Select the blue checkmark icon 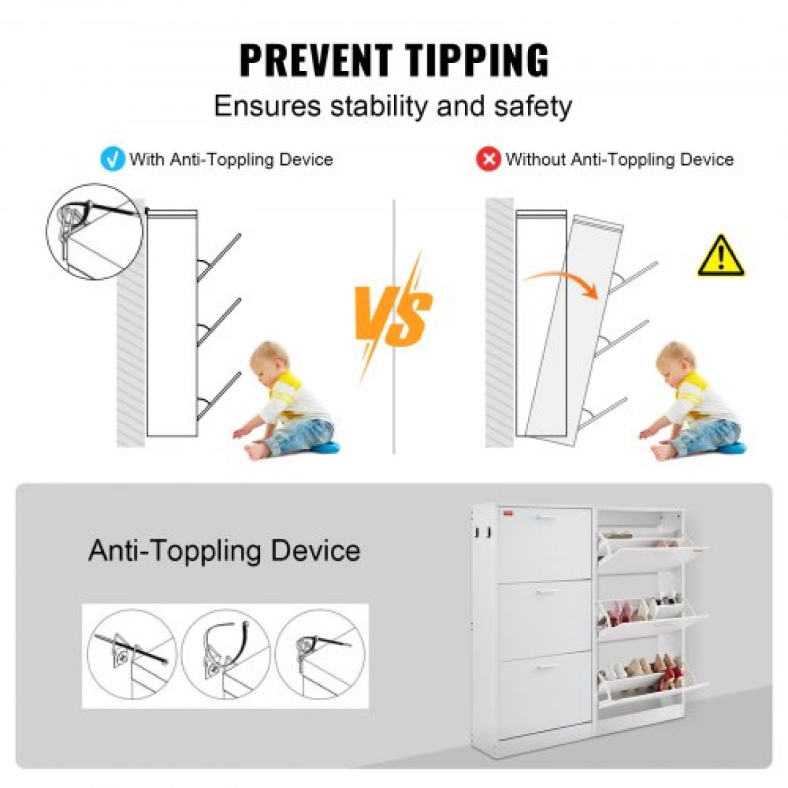point(112,159)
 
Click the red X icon point(489,159)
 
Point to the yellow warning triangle point(720,256)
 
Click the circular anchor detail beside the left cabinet point(95,231)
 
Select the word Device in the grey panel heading point(315,550)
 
